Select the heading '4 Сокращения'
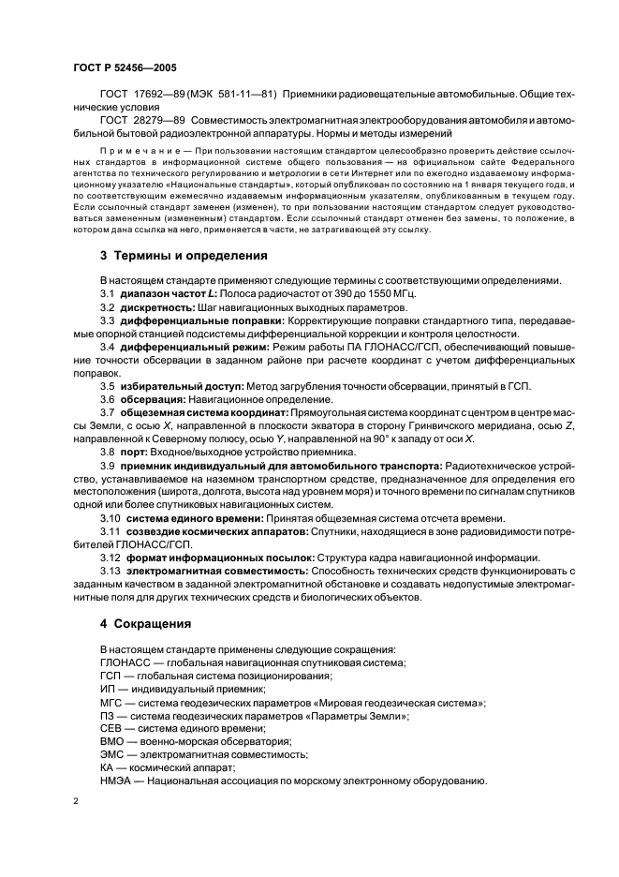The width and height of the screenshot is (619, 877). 145,622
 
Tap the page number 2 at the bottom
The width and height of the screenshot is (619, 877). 76,803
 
